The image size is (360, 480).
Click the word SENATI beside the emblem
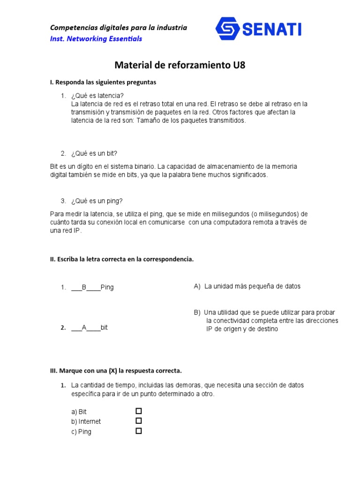(272, 30)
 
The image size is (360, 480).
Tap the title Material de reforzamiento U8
(180, 65)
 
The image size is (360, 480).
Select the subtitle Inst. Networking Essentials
(96, 38)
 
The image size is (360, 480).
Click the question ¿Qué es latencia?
(97, 96)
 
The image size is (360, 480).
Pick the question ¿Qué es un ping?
(97, 201)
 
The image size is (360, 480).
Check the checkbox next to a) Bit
(139, 411)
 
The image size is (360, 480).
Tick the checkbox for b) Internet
(139, 421)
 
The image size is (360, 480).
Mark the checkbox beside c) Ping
(139, 431)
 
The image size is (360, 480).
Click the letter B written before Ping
(84, 287)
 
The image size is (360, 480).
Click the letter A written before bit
(84, 328)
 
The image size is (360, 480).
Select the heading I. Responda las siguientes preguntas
(103, 82)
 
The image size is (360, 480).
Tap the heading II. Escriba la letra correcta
(121, 259)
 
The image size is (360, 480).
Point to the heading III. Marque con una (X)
(116, 370)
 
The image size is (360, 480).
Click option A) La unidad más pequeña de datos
(247, 286)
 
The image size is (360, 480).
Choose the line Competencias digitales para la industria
(119, 28)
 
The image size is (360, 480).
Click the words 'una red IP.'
(66, 231)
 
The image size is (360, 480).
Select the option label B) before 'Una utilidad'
(197, 312)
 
